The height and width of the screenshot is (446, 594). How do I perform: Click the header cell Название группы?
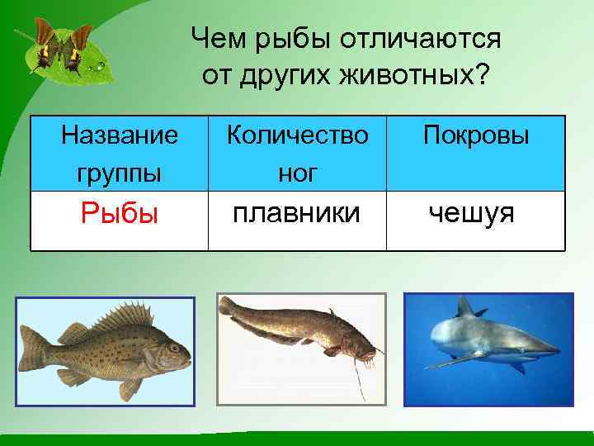click(x=119, y=153)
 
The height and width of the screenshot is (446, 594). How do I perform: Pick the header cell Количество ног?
click(x=297, y=153)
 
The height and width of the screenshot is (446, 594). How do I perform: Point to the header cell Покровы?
click(x=476, y=136)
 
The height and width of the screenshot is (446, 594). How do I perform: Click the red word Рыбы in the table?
click(x=119, y=215)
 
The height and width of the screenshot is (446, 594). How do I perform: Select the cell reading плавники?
click(x=297, y=214)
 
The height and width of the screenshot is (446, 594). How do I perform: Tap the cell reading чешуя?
click(x=471, y=215)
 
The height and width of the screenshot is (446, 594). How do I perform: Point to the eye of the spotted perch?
click(x=174, y=348)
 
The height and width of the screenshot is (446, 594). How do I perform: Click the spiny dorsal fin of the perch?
click(x=124, y=316)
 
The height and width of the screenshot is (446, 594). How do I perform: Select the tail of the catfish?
click(x=227, y=307)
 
